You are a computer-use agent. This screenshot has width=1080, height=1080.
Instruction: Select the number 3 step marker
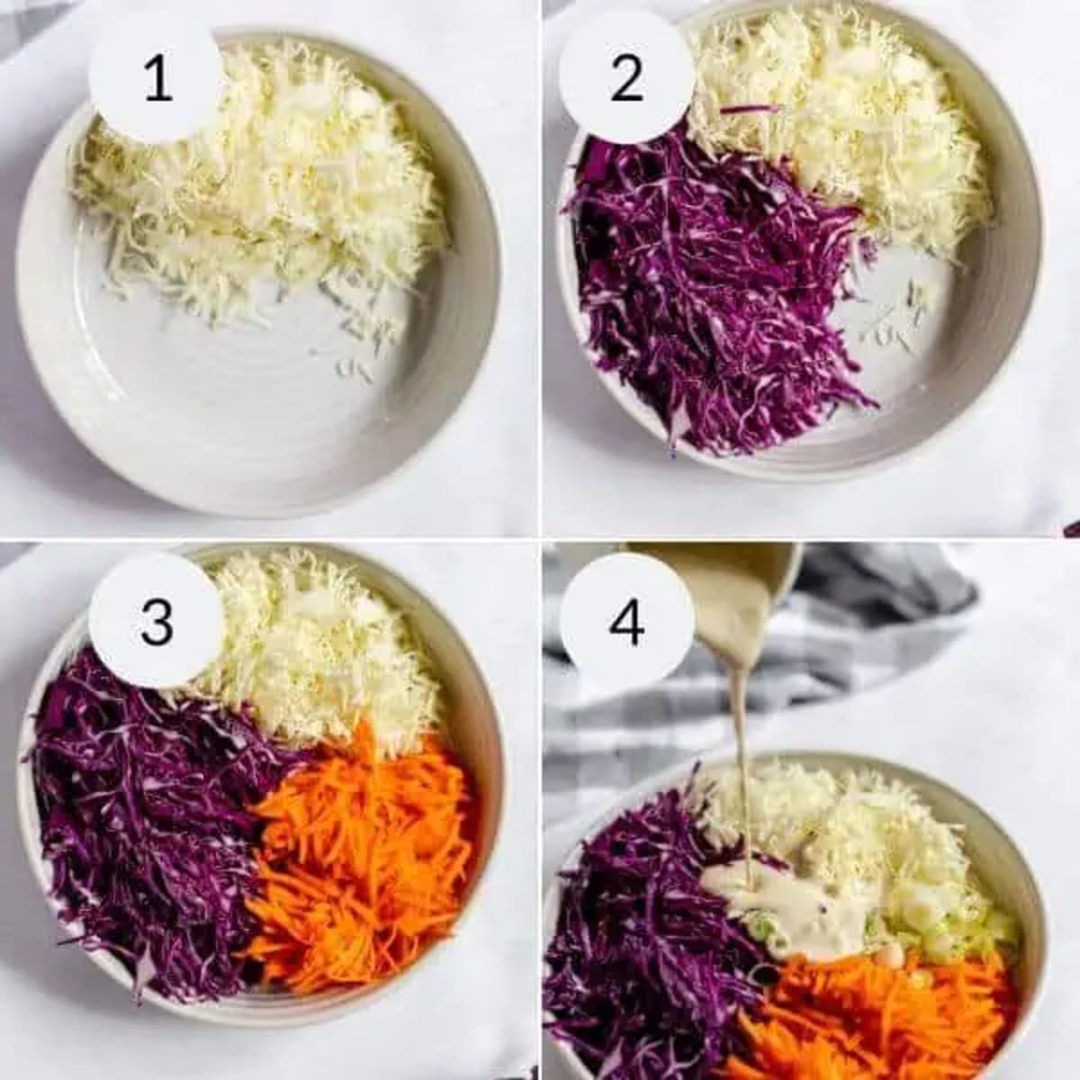(157, 621)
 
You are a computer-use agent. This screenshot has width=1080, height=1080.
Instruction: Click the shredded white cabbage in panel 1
(270, 180)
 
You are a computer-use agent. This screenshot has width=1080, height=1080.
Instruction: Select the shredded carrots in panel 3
(360, 864)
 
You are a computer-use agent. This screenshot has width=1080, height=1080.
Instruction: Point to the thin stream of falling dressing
(740, 765)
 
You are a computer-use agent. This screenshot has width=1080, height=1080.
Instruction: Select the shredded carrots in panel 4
(873, 1017)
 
